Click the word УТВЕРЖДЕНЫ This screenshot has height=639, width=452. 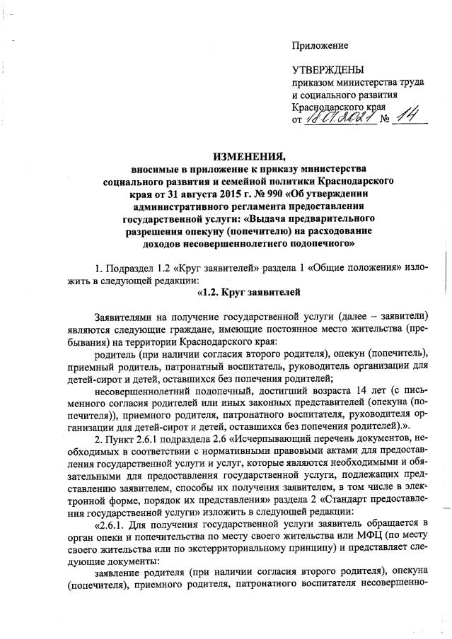[328, 70]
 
